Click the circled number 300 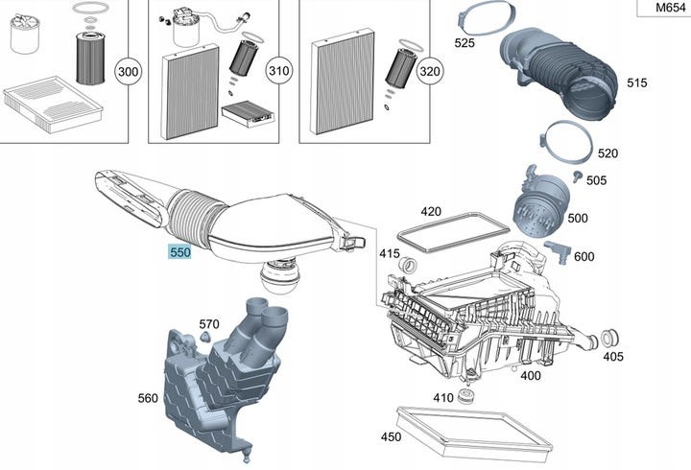click(128, 71)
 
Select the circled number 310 click(278, 71)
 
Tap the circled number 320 click(429, 71)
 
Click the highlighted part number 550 click(179, 252)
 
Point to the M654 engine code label click(670, 8)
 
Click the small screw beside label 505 click(578, 176)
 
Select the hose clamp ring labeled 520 click(565, 141)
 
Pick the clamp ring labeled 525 click(487, 17)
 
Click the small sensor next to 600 click(558, 251)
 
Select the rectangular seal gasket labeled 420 click(453, 231)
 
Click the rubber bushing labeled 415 click(408, 266)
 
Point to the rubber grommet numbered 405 click(609, 339)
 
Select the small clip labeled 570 click(205, 338)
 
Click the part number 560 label click(148, 398)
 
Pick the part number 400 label click(530, 376)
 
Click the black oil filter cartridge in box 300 click(90, 59)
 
